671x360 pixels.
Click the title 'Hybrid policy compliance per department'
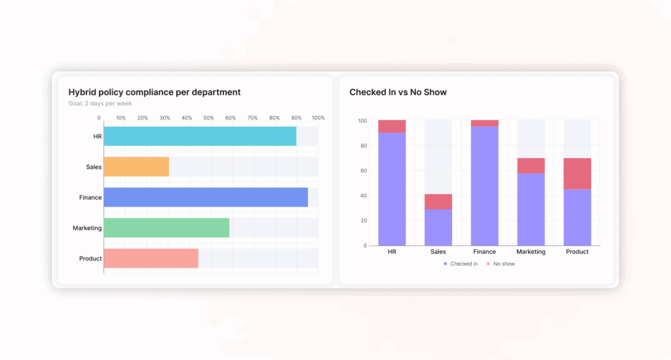click(x=154, y=92)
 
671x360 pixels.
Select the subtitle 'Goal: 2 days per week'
click(x=100, y=104)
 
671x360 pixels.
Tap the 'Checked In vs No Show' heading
click(x=398, y=92)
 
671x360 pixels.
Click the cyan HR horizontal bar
click(x=200, y=136)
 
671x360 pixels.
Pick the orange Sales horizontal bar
click(x=136, y=167)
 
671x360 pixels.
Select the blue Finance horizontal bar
click(x=206, y=197)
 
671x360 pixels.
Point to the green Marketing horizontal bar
click(x=166, y=228)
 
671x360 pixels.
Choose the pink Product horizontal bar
click(x=151, y=258)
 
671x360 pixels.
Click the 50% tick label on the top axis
click(x=208, y=118)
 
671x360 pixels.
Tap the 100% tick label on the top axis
click(x=318, y=118)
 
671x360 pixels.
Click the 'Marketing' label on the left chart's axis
click(x=87, y=228)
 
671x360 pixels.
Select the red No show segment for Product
click(x=577, y=174)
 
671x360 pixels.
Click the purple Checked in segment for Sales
click(x=438, y=227)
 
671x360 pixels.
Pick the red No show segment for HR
click(x=392, y=127)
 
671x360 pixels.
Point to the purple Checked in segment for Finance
click(x=484, y=186)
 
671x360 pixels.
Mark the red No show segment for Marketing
click(x=531, y=165)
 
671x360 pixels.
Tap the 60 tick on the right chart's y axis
click(x=363, y=170)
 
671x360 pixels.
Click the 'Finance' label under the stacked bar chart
click(x=484, y=252)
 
